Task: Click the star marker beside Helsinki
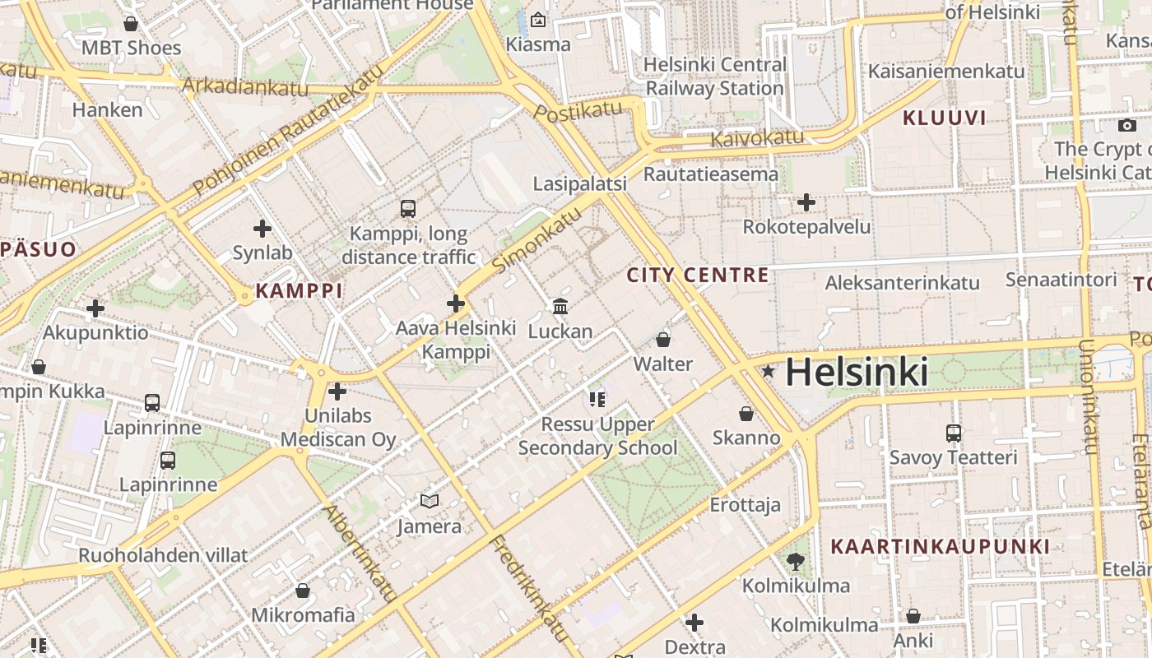pos(769,372)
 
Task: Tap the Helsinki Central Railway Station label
pos(714,76)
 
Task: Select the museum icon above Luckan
pos(560,307)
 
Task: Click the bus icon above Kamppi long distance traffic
pos(408,209)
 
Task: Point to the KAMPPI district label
pos(299,290)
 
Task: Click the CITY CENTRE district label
pos(698,275)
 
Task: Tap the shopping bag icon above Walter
pos(663,340)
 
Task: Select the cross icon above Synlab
pos(262,229)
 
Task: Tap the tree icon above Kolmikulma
pos(795,562)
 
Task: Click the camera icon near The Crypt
pos(1126,126)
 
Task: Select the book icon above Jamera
pos(430,501)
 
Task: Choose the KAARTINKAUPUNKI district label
pos(940,546)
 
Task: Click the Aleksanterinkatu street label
pos(902,283)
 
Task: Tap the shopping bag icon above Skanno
pos(746,413)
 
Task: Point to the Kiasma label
pos(538,44)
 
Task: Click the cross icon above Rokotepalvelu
pos(806,202)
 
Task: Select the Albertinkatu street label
pos(361,552)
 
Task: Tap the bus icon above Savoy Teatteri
pos(954,433)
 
